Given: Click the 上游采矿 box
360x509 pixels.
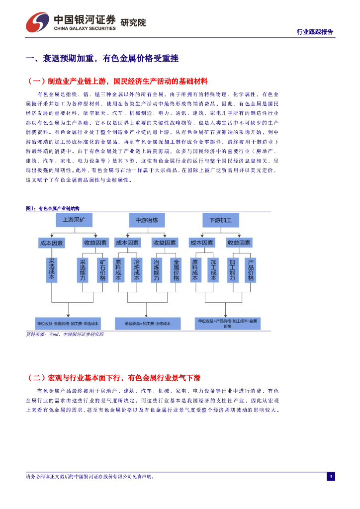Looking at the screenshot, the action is (x=74, y=220).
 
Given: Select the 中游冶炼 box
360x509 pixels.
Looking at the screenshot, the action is (x=147, y=220).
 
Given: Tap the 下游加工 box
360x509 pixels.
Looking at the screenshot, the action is (x=221, y=220).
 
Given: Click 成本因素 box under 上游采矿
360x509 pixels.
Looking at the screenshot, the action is (x=52, y=243).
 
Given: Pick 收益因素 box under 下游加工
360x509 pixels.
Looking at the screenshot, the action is (x=239, y=243).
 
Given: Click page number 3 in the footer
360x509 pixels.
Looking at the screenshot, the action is (x=331, y=477).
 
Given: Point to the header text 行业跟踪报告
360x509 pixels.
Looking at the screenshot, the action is (x=315, y=32).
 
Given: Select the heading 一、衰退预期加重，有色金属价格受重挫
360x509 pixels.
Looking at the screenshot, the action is (x=102, y=59).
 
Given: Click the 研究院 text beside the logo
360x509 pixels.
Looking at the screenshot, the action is (x=133, y=23).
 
